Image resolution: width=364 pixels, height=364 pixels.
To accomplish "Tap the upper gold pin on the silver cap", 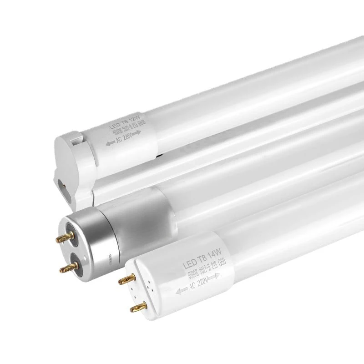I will click(x=63, y=238).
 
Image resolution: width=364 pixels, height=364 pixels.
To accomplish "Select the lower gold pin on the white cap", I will click(x=137, y=309).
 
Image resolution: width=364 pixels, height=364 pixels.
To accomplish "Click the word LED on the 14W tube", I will click(x=188, y=264).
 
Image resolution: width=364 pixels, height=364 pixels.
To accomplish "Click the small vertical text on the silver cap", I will click(x=111, y=263).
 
